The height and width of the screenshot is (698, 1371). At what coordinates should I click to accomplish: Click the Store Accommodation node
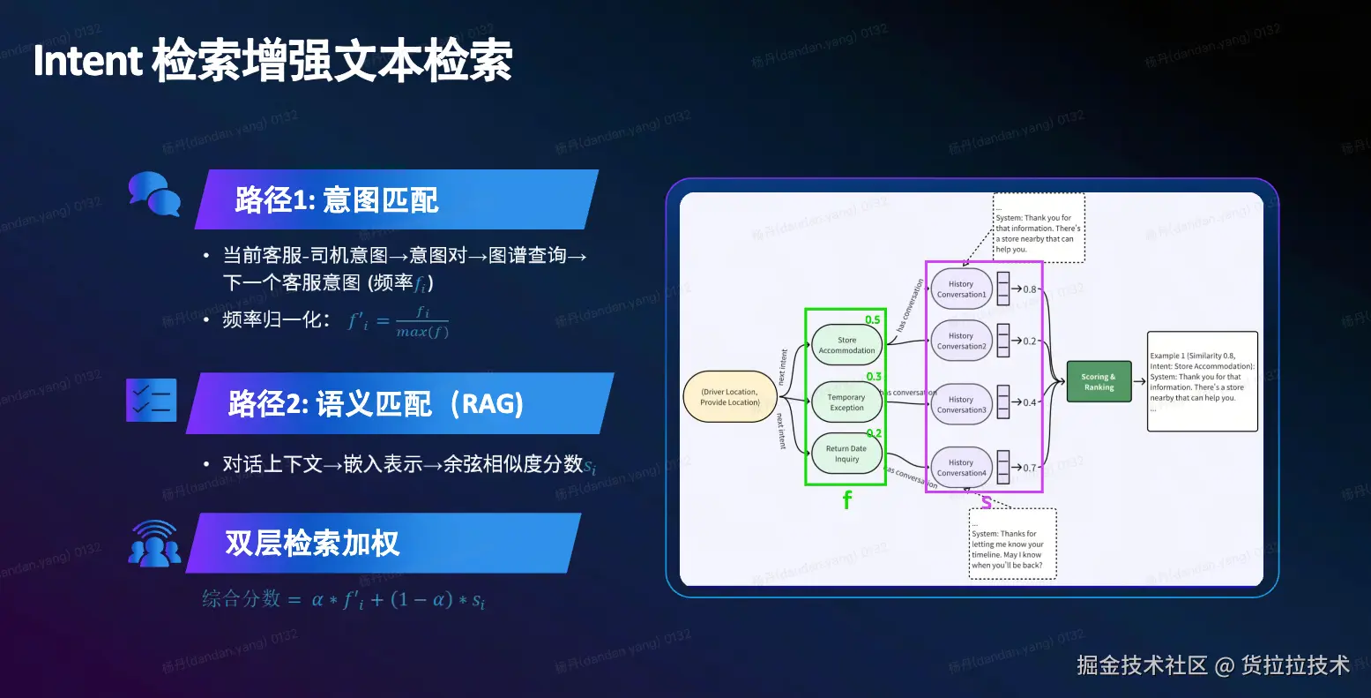[846, 345]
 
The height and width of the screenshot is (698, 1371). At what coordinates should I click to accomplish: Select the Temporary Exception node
[846, 402]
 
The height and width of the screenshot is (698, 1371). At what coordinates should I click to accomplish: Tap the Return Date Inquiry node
[846, 454]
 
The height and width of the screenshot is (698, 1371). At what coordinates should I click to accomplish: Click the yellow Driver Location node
[730, 397]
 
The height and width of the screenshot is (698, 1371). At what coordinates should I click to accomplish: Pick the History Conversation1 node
[961, 289]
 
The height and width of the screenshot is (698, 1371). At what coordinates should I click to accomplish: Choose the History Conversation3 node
[961, 405]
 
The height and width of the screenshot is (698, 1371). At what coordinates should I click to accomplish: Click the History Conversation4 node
[961, 468]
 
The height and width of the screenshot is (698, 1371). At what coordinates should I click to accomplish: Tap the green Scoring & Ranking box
[1099, 382]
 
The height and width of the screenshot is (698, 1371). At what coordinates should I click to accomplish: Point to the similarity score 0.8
[1030, 289]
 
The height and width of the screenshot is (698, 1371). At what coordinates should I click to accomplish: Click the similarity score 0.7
[1030, 468]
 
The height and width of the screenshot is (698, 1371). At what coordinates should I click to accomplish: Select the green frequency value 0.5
[872, 320]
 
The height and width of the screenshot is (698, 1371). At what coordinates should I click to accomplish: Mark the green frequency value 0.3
[873, 377]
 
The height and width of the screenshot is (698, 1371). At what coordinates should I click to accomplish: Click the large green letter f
[847, 500]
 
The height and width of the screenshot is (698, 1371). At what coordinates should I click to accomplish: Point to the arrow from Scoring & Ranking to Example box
[1139, 382]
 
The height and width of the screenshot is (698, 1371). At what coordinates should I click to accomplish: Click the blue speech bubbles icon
[154, 193]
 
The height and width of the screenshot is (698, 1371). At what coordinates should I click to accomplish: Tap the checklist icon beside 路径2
[152, 400]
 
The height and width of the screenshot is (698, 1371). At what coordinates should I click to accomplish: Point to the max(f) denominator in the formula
[422, 333]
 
